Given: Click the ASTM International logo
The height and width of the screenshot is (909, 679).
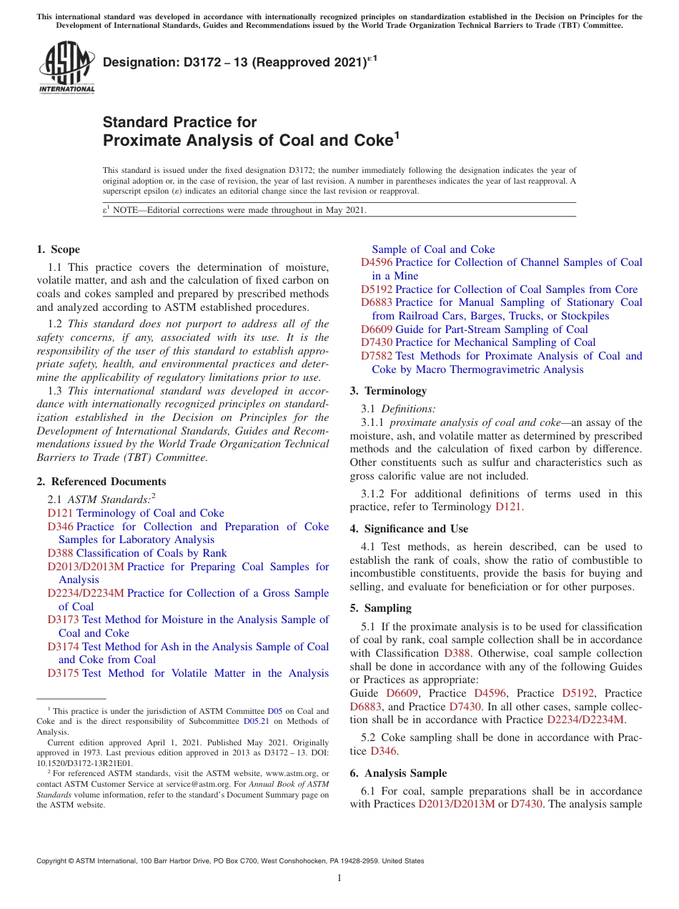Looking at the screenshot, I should [x=66, y=69].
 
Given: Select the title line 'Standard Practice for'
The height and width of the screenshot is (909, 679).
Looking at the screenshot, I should [x=179, y=122].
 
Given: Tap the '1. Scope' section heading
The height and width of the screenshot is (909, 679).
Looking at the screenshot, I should [x=58, y=249].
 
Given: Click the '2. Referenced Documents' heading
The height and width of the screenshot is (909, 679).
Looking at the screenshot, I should [x=101, y=482].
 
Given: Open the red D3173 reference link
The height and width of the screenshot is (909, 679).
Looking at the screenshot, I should [x=63, y=620].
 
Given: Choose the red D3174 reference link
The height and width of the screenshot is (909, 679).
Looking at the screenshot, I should [x=63, y=647].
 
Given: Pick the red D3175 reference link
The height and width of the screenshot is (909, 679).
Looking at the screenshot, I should [x=63, y=673].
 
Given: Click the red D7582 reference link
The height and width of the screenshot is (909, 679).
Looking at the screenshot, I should [x=377, y=356].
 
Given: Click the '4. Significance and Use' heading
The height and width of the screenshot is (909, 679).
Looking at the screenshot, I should [x=409, y=529].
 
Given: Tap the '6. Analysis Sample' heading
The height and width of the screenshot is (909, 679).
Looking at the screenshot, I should [x=398, y=773].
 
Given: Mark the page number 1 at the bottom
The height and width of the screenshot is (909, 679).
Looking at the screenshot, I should [x=339, y=878].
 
